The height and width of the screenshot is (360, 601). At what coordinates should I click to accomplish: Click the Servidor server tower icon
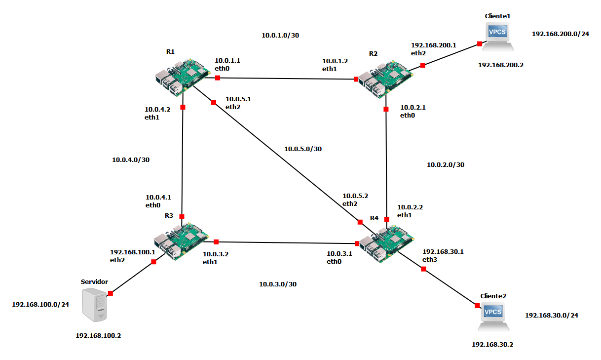point(94,305)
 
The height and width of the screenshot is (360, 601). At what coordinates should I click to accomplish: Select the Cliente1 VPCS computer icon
point(498,37)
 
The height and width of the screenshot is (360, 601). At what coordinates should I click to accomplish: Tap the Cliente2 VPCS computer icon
point(493,317)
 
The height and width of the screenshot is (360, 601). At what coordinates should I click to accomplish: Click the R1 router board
point(183,77)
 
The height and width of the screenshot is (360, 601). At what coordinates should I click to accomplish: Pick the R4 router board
point(386,244)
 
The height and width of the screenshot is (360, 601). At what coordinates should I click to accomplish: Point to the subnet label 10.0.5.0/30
point(303,149)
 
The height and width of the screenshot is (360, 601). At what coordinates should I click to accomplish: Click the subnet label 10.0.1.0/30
point(280,36)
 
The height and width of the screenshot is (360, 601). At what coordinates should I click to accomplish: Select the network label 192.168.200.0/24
point(561,34)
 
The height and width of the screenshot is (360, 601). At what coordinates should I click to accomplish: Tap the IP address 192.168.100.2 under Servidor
point(98,336)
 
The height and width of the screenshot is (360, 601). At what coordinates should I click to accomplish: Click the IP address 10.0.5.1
point(238,99)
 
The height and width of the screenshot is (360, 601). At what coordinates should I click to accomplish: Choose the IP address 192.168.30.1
point(443,252)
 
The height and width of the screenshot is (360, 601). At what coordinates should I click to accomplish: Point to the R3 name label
point(169,216)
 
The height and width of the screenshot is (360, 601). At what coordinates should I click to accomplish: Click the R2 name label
point(373,54)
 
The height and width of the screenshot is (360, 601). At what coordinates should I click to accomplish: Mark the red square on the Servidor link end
point(110,293)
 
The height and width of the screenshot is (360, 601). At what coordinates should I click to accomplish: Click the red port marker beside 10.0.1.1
point(218,78)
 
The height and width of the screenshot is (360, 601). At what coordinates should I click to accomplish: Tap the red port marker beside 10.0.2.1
point(386,109)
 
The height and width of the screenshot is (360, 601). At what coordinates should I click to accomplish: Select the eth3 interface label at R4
point(430,260)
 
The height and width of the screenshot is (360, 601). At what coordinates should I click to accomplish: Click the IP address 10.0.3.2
point(216,254)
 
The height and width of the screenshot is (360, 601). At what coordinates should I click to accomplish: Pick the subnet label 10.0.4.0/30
point(131,160)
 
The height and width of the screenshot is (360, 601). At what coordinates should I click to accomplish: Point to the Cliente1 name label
point(497,16)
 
